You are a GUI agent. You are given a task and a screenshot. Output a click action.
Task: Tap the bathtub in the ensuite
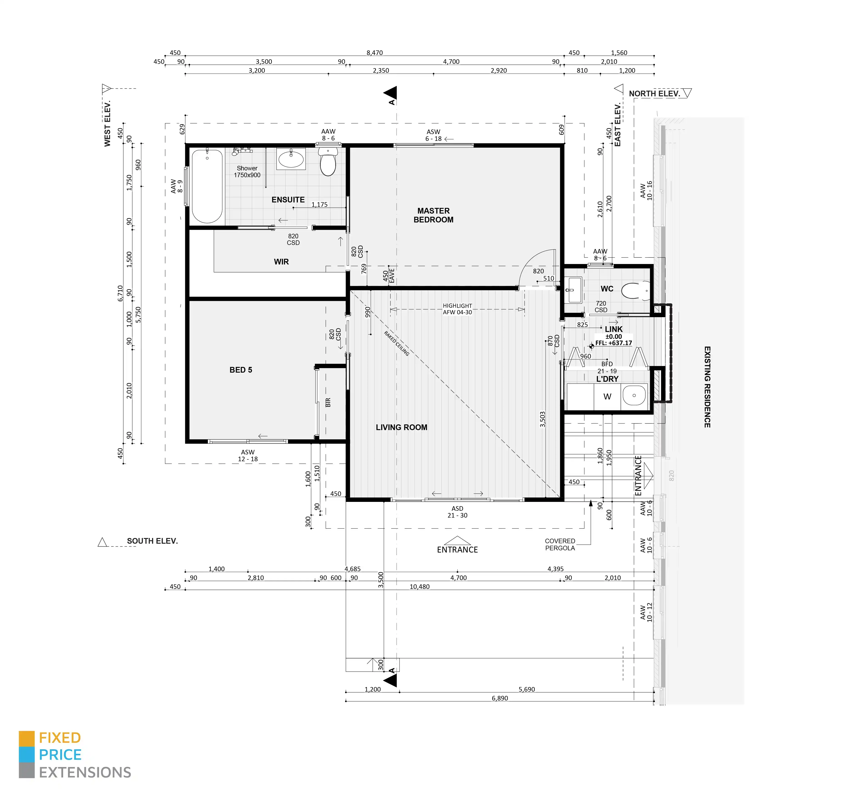point(207,186)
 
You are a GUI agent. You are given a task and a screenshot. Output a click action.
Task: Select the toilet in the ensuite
point(328,162)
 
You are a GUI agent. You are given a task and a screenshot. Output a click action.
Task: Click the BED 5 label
point(241,370)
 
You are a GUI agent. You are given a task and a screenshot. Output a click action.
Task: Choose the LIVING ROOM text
point(401,427)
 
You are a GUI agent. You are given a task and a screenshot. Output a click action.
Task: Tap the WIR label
point(281,262)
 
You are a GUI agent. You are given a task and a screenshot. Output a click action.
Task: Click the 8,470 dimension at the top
point(375,52)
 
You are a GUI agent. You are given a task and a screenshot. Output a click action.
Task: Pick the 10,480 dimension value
point(419,586)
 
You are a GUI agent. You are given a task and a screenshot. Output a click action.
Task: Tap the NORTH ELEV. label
point(654,93)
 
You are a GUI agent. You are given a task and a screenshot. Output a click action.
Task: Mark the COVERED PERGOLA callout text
point(560,544)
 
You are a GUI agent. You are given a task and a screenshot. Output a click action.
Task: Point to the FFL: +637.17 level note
point(614,343)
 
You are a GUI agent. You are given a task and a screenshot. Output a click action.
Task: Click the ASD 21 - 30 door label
point(457,512)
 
